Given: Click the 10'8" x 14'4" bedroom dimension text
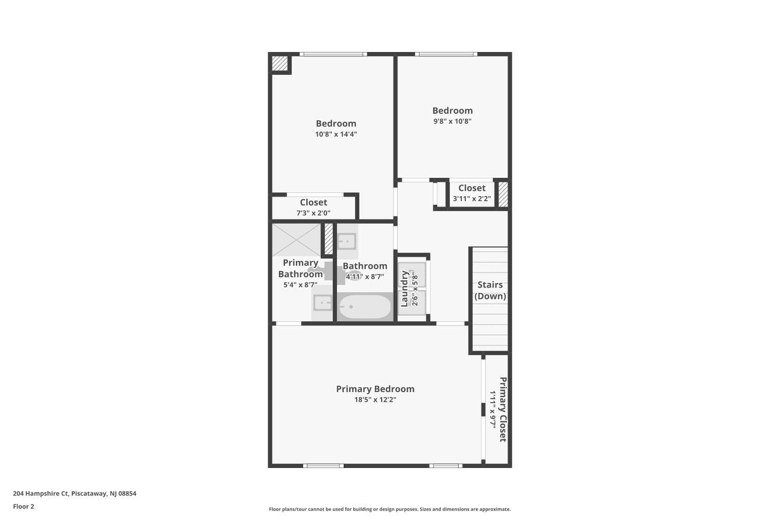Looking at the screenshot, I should pos(336,134).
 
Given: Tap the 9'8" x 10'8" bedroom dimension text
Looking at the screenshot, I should pos(452,121).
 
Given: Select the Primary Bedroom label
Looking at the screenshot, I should pos(375,389).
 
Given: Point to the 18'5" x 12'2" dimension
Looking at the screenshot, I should pos(375,400).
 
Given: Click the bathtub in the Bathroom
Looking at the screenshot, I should pos(364,307).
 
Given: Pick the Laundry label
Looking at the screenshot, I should pos(405,289).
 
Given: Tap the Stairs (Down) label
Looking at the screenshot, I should pos(490,291).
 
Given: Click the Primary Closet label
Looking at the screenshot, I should pos(503,410).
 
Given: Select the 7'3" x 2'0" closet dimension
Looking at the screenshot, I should pos(314,213).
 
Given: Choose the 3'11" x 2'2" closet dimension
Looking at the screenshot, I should pos(472,198).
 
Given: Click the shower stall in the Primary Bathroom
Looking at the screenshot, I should pos(296,240).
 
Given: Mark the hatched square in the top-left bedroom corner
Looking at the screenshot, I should pos(280,63).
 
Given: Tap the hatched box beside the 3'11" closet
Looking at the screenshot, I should pos(503,193).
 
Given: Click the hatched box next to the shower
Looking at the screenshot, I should pos(329,239).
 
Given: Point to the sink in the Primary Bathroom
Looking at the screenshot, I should pos(322,303).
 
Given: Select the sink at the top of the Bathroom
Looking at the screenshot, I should pos(346,241).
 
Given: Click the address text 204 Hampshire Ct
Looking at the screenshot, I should pos(74,493).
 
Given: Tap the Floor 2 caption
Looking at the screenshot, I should pos(23,506).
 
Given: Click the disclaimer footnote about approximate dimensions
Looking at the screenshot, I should pos(389,510).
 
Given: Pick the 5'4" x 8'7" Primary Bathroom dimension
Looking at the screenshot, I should pos(300,285).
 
